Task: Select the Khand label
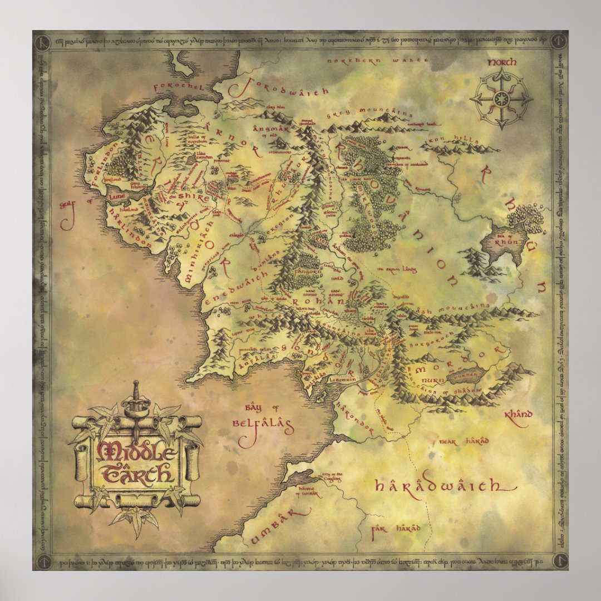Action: tap(518, 414)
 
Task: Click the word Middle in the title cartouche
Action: tap(135, 452)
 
